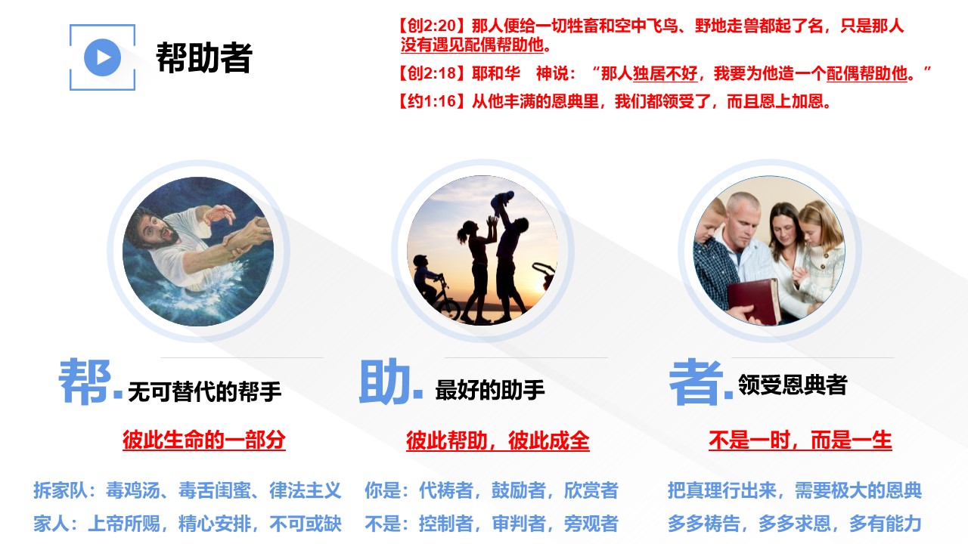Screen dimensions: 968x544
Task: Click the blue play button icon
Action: [102, 57]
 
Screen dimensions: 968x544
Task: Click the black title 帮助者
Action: [204, 58]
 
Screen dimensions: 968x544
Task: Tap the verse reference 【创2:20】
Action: [432, 26]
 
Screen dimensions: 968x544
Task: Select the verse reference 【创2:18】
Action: [432, 73]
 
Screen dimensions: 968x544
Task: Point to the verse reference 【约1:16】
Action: [432, 101]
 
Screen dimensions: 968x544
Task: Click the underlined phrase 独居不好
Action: [665, 74]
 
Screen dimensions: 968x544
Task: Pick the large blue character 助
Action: [385, 382]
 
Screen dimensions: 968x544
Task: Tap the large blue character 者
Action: [696, 382]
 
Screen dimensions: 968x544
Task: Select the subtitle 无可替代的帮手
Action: [204, 392]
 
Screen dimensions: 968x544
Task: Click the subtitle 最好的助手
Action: [489, 391]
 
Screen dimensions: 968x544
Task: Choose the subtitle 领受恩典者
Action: [793, 385]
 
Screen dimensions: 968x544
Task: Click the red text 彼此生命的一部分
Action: [204, 440]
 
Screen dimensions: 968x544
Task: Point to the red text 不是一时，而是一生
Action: [800, 440]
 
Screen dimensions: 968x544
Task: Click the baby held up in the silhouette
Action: [503, 202]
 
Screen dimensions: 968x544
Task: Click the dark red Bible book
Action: [754, 300]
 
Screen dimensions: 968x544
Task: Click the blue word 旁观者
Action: [591, 524]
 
